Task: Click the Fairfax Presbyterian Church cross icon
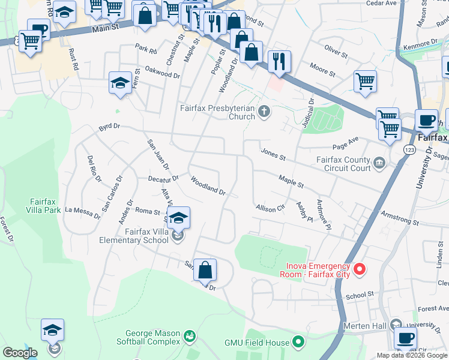pyautogui.click(x=264, y=112)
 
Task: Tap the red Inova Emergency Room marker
pyautogui.click(x=360, y=269)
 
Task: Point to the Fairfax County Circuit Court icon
pyautogui.click(x=379, y=163)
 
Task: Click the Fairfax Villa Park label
pyautogui.click(x=46, y=206)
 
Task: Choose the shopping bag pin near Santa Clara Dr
pyautogui.click(x=205, y=270)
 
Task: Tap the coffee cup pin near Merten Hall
pyautogui.click(x=405, y=338)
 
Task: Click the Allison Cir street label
pyautogui.click(x=270, y=208)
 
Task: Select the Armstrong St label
pyautogui.click(x=399, y=218)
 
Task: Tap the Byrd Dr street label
pyautogui.click(x=109, y=128)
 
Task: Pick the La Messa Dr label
pyautogui.click(x=83, y=211)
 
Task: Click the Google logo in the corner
pyautogui.click(x=20, y=353)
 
